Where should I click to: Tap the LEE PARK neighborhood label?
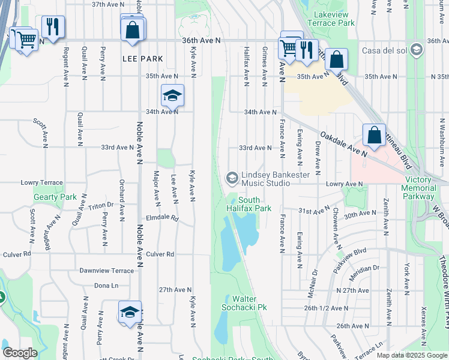[x=139, y=59]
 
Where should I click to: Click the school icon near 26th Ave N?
[x=130, y=312]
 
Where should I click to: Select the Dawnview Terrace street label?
[x=106, y=271]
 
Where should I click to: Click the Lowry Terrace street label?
[x=41, y=182]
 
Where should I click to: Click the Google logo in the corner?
[x=20, y=352]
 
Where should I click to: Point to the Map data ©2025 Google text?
[x=412, y=355]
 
